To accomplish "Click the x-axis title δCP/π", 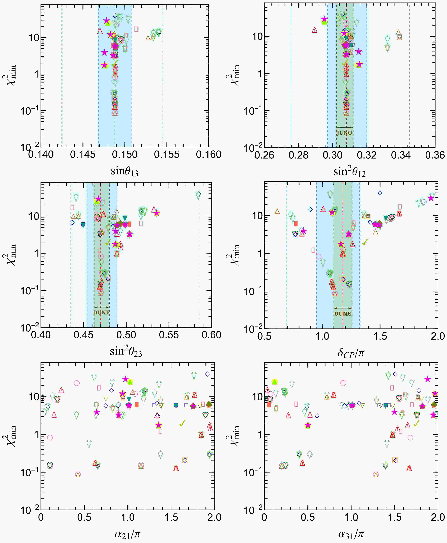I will click(x=351, y=353).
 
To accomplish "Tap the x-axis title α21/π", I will click(x=127, y=534).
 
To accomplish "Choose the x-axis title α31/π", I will click(x=351, y=534).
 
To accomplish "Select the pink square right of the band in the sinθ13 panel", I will click(x=136, y=29).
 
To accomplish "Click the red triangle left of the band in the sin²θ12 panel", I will click(x=314, y=30).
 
